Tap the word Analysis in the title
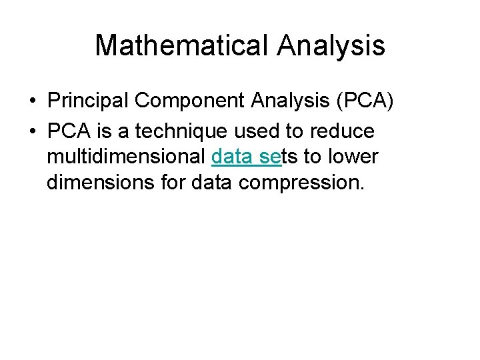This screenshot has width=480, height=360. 331,45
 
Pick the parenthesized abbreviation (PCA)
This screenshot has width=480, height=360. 366,101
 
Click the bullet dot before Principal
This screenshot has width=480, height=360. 33,101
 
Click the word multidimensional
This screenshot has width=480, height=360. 125,157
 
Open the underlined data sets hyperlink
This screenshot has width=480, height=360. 246,157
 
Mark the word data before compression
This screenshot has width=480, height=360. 211,183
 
